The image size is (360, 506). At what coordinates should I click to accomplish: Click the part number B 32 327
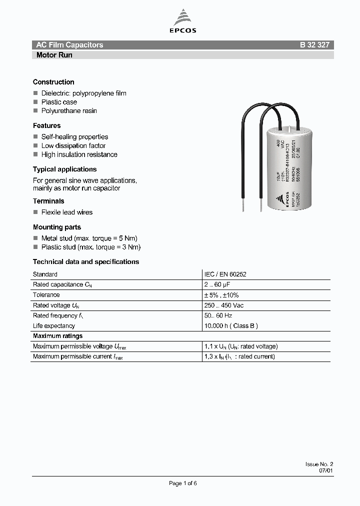pos(314,45)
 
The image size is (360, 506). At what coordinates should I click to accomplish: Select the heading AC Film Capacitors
pos(69,45)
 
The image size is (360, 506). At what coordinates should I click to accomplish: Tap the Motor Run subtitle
pos(54,55)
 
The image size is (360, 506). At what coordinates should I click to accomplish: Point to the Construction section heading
pos(53,82)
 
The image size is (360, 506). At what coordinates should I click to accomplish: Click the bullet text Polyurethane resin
pos(69,110)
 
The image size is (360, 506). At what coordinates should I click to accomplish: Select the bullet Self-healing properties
pos(74,136)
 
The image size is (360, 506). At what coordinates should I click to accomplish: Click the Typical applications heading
pos(64,169)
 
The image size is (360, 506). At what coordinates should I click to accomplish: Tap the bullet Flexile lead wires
pos(66,212)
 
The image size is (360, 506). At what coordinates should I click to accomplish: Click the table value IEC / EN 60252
pos(225,274)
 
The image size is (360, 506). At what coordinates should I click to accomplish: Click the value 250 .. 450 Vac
pos(224,305)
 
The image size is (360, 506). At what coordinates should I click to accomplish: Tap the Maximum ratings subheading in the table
pos(57,336)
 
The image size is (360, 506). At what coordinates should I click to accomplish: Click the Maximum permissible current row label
pos(77,357)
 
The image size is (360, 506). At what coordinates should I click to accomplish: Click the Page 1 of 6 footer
pos(183,483)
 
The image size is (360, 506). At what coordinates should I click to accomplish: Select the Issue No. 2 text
pos(319,464)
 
